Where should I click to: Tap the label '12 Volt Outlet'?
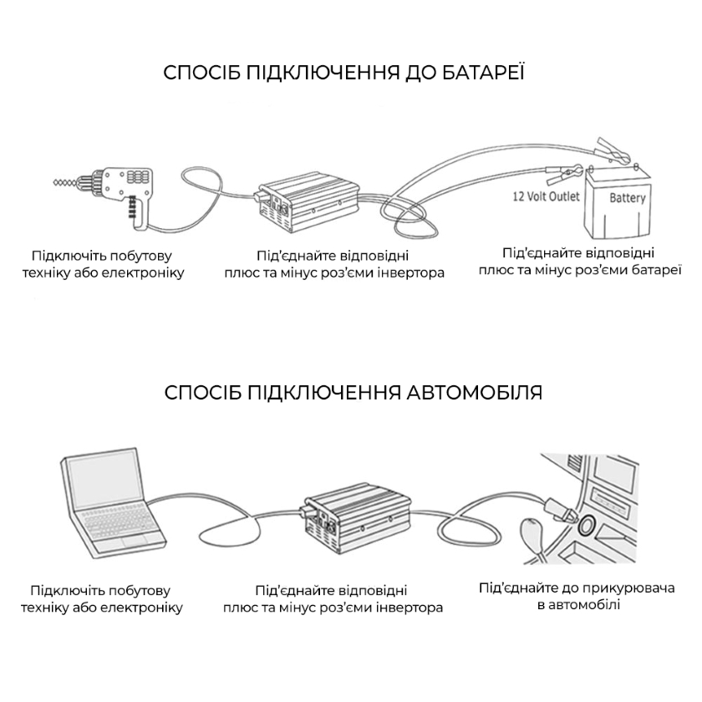coord(546,198)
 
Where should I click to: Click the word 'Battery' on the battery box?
coord(627,198)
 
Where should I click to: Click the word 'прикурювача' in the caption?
coord(627,588)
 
